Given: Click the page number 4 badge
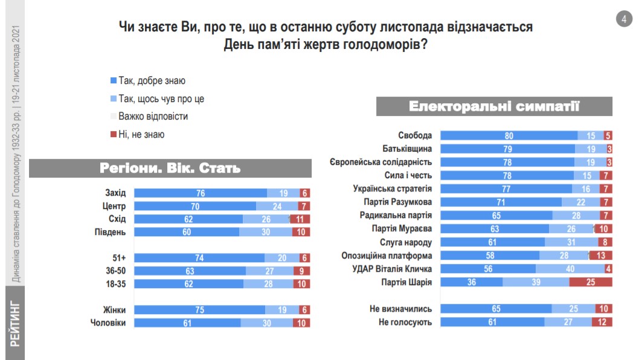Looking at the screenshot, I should click(x=623, y=19).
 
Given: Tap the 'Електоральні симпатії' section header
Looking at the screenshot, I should click(x=494, y=106).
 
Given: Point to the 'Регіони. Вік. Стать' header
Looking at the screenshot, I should click(x=170, y=168).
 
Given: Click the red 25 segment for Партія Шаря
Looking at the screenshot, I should click(x=591, y=282).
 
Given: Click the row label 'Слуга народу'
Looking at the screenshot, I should click(x=406, y=242).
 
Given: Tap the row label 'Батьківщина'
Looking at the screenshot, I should click(x=407, y=149).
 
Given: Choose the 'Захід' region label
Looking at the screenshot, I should click(x=115, y=193).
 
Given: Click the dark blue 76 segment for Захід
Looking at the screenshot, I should click(x=201, y=193).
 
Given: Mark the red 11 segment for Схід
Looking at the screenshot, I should click(x=301, y=219).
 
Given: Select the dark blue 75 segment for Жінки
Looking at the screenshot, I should click(x=199, y=310).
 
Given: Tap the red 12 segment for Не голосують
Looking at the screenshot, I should click(x=602, y=322).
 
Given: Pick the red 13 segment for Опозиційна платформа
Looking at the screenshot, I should click(x=600, y=256).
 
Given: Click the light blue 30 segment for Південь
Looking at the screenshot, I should click(x=266, y=232).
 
